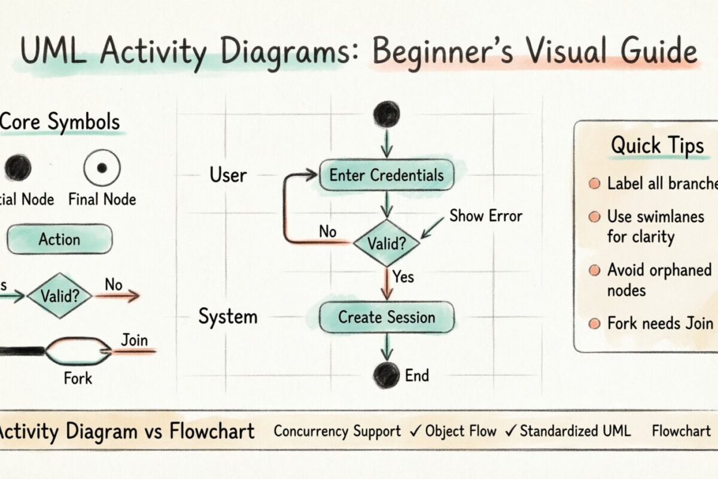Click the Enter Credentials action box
[x=387, y=175]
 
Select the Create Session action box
[x=387, y=317]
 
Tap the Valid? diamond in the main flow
[x=387, y=243]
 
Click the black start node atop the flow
[x=386, y=114]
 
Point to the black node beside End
[x=386, y=375]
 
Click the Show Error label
[x=486, y=216]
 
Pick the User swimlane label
[x=228, y=175]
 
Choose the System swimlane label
[x=228, y=317]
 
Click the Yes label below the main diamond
[x=403, y=277]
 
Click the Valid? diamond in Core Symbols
[x=59, y=295]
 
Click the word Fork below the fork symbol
[x=78, y=378]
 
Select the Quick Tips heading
[x=657, y=145]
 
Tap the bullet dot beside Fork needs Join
[x=594, y=324]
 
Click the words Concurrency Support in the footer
[x=337, y=431]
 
